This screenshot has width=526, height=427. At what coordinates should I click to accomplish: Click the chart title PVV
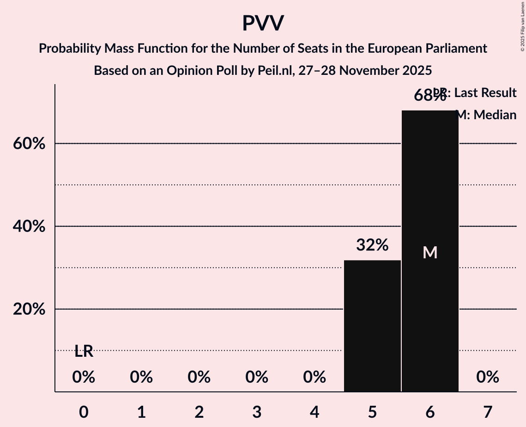(263, 23)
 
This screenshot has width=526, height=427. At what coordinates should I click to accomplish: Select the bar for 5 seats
(372, 326)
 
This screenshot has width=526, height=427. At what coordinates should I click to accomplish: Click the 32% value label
(372, 245)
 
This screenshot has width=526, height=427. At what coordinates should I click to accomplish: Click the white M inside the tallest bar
(430, 252)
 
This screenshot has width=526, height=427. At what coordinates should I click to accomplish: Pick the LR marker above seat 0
(84, 352)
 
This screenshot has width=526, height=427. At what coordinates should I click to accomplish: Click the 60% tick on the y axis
(29, 144)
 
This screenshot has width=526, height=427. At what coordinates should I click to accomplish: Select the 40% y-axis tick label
(29, 226)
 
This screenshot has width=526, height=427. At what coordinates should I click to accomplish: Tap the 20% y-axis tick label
(29, 309)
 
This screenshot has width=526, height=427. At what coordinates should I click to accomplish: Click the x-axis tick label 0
(84, 412)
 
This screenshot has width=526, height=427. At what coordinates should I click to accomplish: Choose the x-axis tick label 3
(257, 412)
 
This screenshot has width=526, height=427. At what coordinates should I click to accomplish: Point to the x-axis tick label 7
(488, 412)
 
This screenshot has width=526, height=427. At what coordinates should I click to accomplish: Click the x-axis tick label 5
(372, 412)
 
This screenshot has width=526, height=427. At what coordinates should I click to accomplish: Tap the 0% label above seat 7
(488, 378)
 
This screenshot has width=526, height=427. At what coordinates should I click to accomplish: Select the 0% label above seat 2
(199, 378)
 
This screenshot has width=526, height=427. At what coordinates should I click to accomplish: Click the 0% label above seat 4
(314, 378)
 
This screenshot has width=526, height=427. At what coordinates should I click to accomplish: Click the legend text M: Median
(486, 115)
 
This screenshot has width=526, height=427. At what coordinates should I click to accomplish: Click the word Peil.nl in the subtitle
(273, 71)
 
